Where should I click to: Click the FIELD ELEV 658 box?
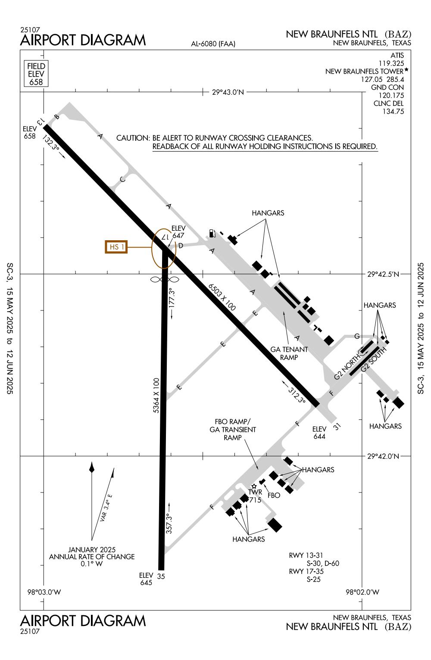pos(36,74)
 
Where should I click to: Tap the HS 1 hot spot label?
pos(116,247)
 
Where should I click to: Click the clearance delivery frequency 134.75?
pos(393,112)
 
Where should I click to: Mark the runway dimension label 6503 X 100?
pos(222,297)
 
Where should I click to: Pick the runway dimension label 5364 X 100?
pos(156,396)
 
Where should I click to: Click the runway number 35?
pos(161,576)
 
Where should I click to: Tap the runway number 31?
pos(337,426)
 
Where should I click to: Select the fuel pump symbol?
pos(211,233)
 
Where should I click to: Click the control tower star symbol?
pos(254,486)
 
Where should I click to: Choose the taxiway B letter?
pos(56,117)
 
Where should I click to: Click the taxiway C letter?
pos(122,180)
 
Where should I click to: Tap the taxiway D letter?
pos(181,246)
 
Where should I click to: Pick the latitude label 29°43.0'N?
pos(228,92)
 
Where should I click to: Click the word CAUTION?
pos(133,138)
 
